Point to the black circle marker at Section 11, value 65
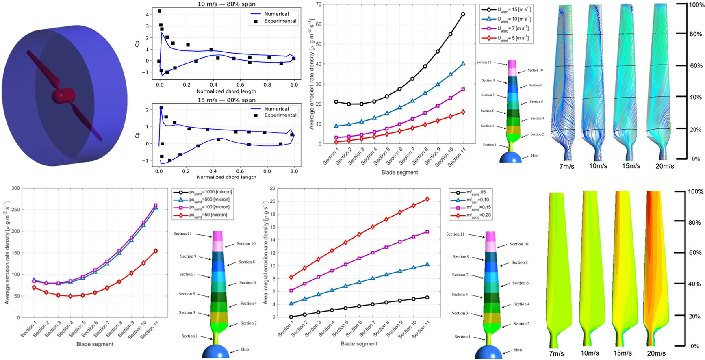pyautogui.click(x=463, y=14)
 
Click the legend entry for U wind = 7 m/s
pyautogui.click(x=506, y=28)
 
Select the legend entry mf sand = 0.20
pyautogui.click(x=471, y=215)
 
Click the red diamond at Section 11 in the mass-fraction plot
pyautogui.click(x=427, y=199)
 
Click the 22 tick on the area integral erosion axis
pyautogui.click(x=273, y=189)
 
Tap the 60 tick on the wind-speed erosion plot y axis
pyautogui.click(x=318, y=24)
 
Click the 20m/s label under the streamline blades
pyautogui.click(x=664, y=166)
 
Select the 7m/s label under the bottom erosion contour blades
pyautogui.click(x=556, y=353)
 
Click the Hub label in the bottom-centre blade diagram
pyautogui.click(x=518, y=350)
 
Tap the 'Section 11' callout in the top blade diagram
pyautogui.click(x=484, y=63)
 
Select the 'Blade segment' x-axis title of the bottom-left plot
pyautogui.click(x=95, y=344)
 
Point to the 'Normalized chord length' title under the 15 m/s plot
pyautogui.click(x=226, y=177)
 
